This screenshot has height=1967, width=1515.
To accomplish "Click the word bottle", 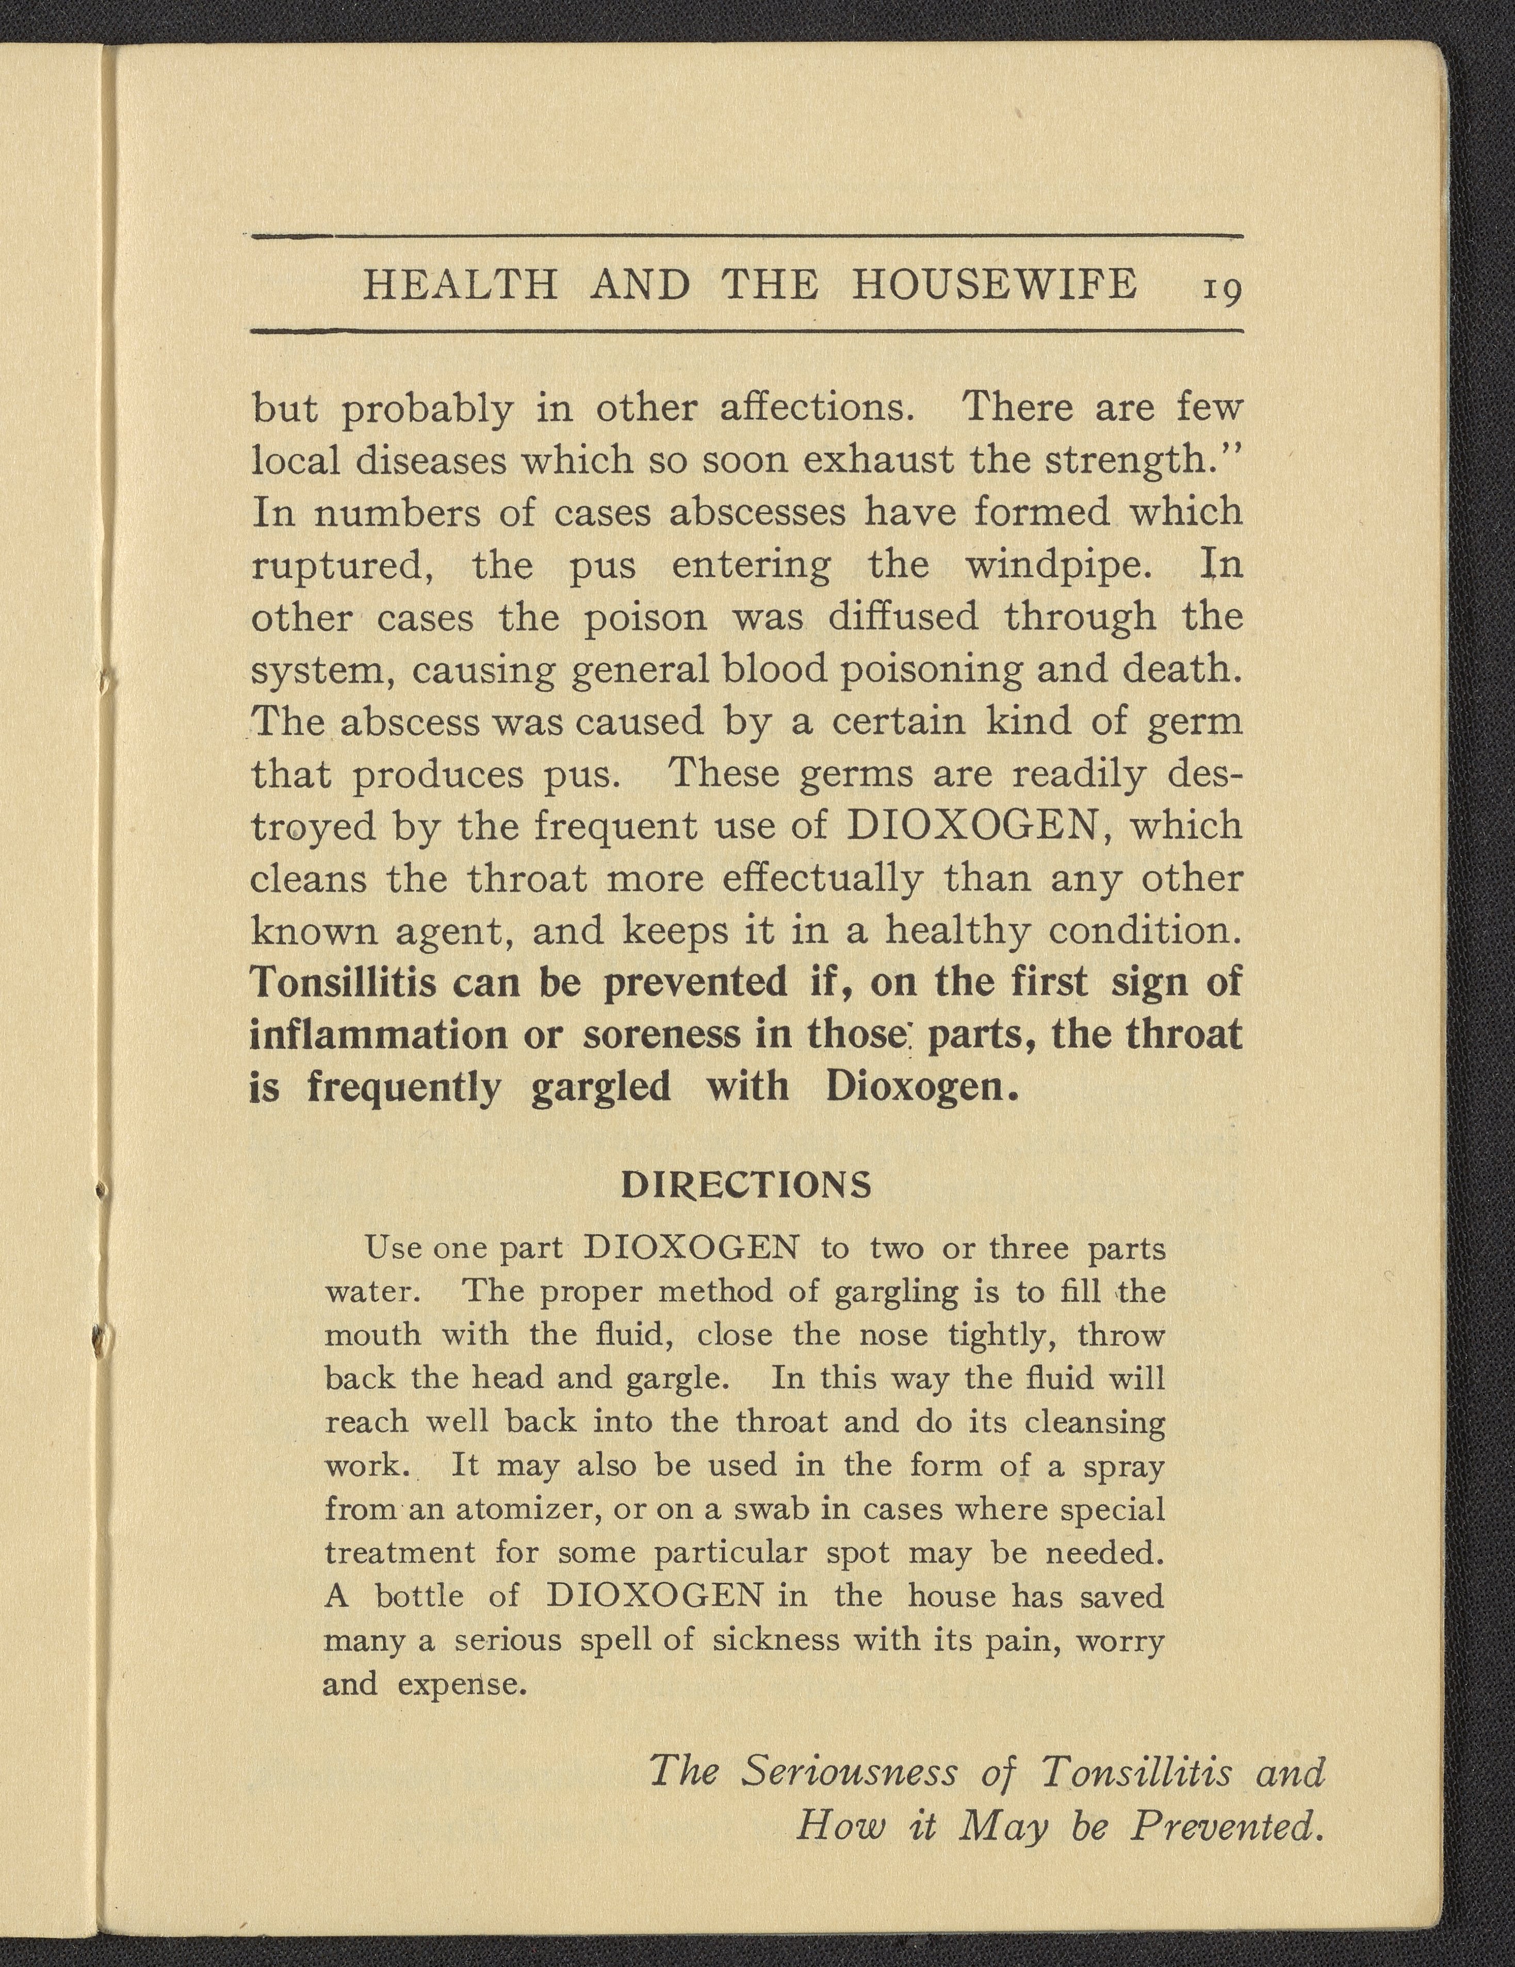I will tap(419, 1596).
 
